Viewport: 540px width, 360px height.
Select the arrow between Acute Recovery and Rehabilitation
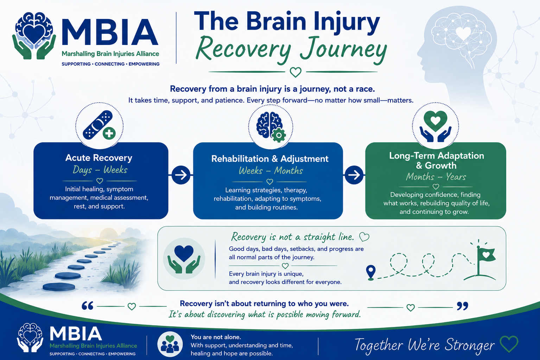(x=181, y=175)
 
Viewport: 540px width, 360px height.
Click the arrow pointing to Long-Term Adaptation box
(x=354, y=175)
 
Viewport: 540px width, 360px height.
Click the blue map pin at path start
(x=371, y=272)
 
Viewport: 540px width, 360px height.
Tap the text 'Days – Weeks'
(x=100, y=170)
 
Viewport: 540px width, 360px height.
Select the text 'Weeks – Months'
(x=271, y=171)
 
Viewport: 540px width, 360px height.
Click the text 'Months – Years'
(x=436, y=177)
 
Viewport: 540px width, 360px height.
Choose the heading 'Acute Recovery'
(x=99, y=158)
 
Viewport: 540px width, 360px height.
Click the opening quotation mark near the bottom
(x=87, y=306)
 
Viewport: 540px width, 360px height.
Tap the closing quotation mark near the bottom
(x=462, y=306)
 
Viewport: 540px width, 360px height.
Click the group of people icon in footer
(x=170, y=344)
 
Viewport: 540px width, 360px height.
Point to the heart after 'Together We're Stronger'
(x=509, y=344)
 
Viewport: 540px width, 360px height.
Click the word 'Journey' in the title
(x=343, y=50)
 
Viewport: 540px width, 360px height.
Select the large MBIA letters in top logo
(x=110, y=32)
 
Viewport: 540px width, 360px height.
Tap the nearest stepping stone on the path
(x=59, y=287)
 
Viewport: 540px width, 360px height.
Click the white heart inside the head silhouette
(x=463, y=33)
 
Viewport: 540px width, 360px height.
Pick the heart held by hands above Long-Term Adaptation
(x=436, y=121)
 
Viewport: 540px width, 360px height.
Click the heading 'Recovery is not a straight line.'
(x=292, y=237)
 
